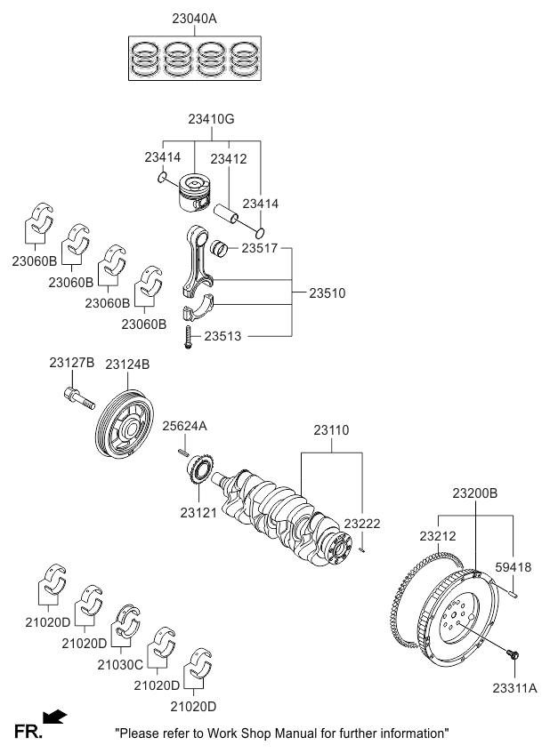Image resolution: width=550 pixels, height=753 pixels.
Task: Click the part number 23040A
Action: coord(194,18)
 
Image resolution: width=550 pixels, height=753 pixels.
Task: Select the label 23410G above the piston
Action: coord(211,118)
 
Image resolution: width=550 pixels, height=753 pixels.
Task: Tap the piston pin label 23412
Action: coord(228,158)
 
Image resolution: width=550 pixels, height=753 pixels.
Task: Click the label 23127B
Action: coord(71,363)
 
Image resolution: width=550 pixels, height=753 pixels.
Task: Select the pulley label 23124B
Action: coord(127,364)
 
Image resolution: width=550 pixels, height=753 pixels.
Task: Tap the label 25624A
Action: coord(184,426)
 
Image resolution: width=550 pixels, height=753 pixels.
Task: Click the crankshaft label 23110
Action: coord(333,429)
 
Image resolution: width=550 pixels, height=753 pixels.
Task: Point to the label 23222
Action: coord(362,525)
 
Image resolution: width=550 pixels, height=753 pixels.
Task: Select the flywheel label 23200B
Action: coord(474,493)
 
